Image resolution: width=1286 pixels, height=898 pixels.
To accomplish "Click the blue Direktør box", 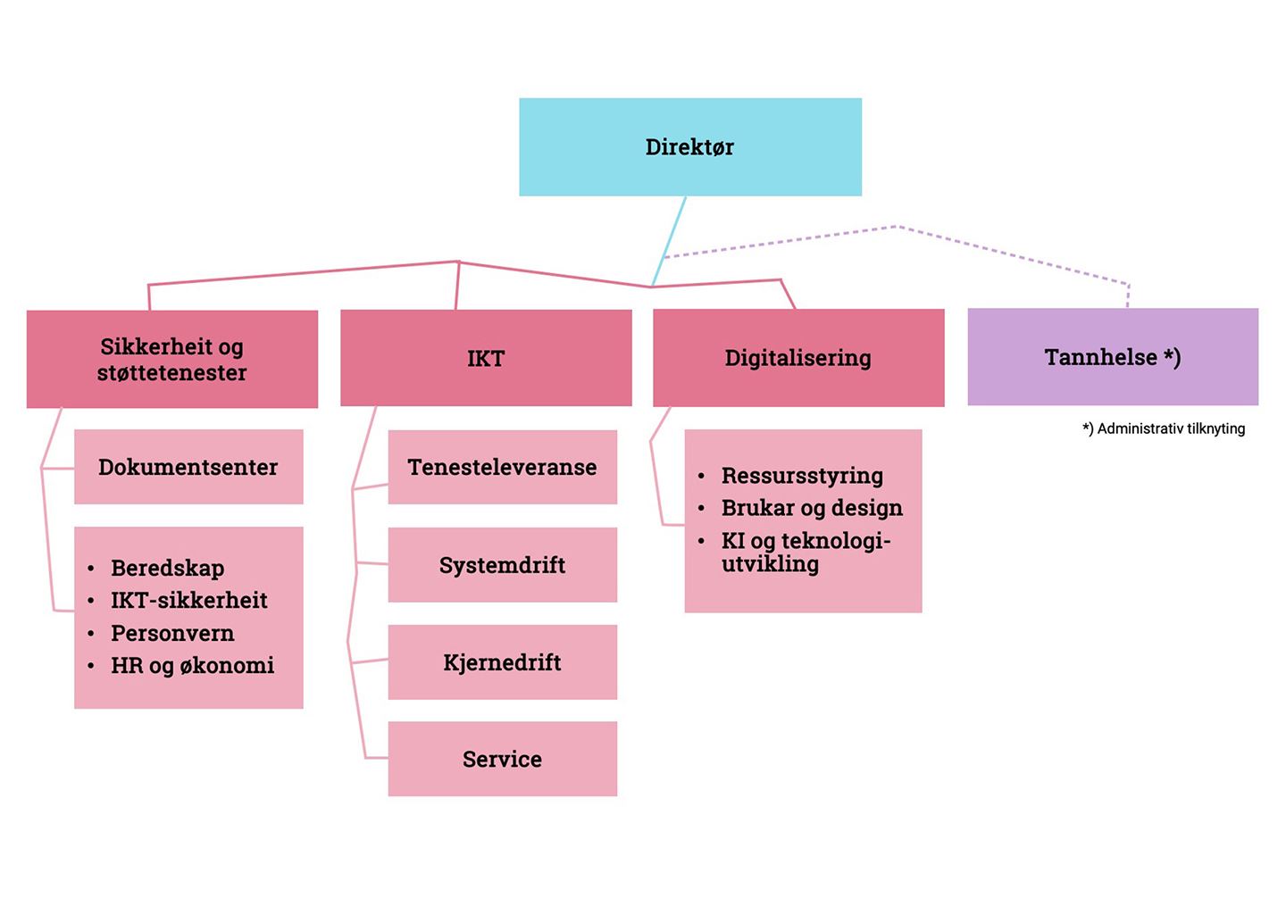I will pyautogui.click(x=689, y=147).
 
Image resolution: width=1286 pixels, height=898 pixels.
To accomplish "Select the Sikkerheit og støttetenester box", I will pyautogui.click(x=171, y=359).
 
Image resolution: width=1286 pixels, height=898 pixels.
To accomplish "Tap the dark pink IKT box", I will pyautogui.click(x=486, y=358).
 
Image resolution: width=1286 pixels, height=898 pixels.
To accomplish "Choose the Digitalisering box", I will pyautogui.click(x=797, y=358).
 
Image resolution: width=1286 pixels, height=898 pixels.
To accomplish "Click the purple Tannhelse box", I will pyautogui.click(x=1113, y=357).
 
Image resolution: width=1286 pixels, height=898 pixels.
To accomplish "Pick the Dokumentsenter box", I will pyautogui.click(x=188, y=467).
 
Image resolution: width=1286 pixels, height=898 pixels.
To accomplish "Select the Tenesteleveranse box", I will pyautogui.click(x=502, y=467).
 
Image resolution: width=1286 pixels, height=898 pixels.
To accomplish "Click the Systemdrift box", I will pyautogui.click(x=502, y=565).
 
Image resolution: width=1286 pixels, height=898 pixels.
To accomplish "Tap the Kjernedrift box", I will pyautogui.click(x=502, y=662).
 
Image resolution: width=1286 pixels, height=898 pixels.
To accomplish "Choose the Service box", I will pyautogui.click(x=502, y=759).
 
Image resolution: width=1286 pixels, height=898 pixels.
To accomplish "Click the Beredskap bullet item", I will pyautogui.click(x=167, y=568).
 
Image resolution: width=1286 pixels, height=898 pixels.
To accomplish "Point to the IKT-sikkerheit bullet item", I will pyautogui.click(x=188, y=600).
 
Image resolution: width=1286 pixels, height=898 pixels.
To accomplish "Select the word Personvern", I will pyautogui.click(x=172, y=633).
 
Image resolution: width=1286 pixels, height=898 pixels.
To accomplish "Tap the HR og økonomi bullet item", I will pyautogui.click(x=192, y=665).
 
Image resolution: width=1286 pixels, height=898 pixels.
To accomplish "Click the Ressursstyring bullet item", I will pyautogui.click(x=802, y=476).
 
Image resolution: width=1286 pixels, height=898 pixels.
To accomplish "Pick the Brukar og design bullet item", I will pyautogui.click(x=812, y=508).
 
